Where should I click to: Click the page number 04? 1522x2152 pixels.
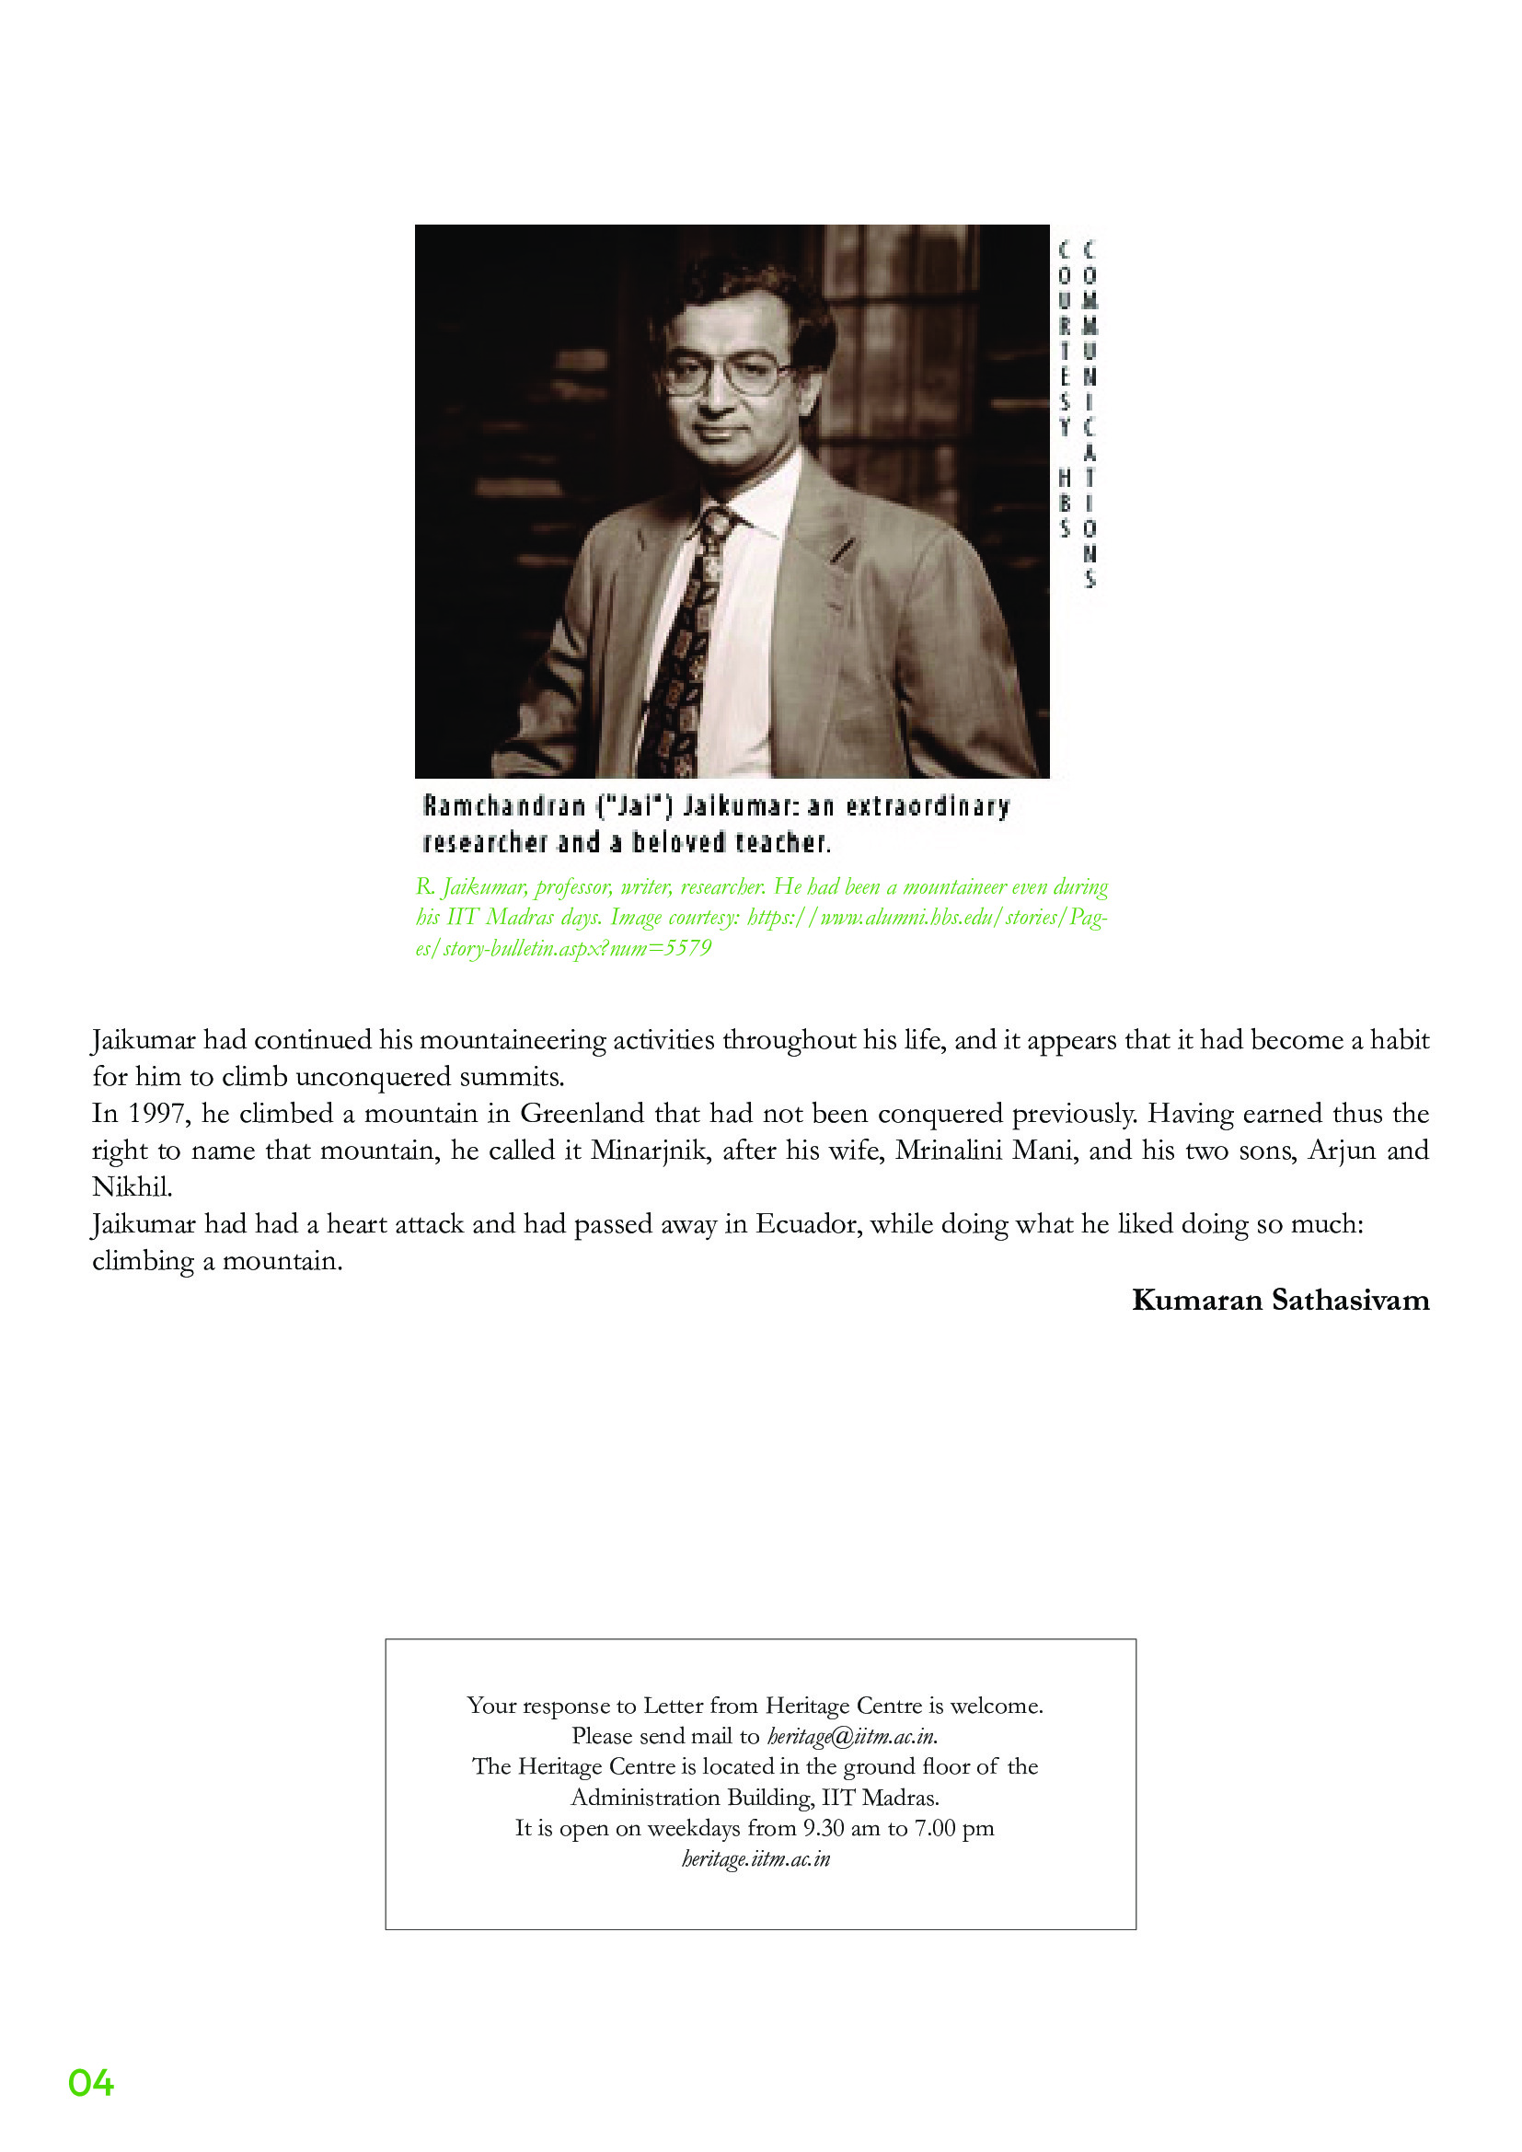pyautogui.click(x=91, y=2083)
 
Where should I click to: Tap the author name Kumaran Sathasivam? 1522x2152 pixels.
pyautogui.click(x=1280, y=1300)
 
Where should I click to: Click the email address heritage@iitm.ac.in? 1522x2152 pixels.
pyautogui.click(x=852, y=1736)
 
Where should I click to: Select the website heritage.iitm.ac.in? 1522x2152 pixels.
pyautogui.click(x=756, y=1858)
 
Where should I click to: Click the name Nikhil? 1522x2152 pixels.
pyautogui.click(x=132, y=1186)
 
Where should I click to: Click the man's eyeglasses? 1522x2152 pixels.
pyautogui.click(x=726, y=373)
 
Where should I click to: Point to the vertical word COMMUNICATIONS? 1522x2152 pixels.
pyautogui.click(x=1089, y=412)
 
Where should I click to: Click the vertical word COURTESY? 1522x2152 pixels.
pyautogui.click(x=1065, y=338)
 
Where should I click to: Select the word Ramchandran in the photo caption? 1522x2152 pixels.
pyautogui.click(x=504, y=806)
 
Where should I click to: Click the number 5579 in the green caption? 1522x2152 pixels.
pyautogui.click(x=688, y=949)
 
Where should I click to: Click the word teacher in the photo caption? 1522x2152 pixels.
pyautogui.click(x=781, y=842)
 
